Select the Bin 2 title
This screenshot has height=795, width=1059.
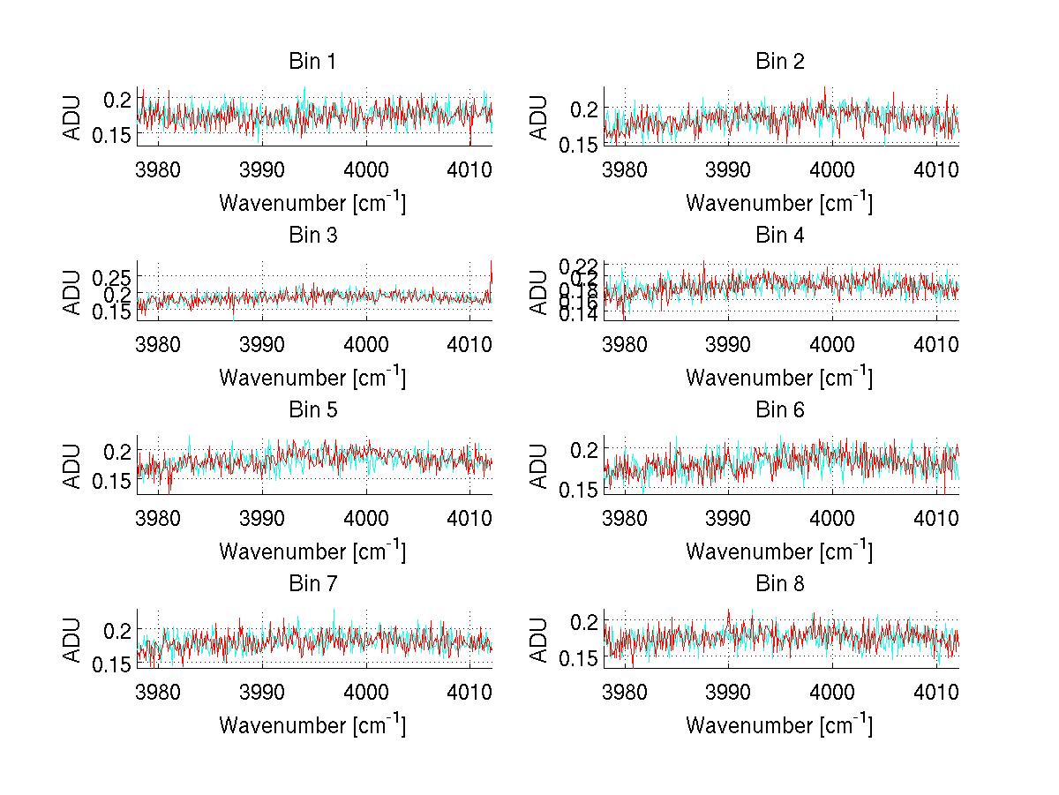coord(779,62)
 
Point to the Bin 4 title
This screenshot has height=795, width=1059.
coord(779,236)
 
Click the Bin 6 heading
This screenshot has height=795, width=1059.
coord(779,410)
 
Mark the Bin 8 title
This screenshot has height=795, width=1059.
coord(779,584)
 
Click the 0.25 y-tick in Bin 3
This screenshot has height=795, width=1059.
coord(110,276)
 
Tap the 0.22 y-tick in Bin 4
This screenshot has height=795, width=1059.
coord(578,265)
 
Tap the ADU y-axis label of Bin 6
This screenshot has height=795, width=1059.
coord(540,464)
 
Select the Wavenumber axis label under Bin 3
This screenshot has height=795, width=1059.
coord(312,377)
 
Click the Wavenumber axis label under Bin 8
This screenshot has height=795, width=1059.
coord(779,724)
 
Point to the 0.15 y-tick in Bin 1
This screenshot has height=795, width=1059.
coord(110,136)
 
